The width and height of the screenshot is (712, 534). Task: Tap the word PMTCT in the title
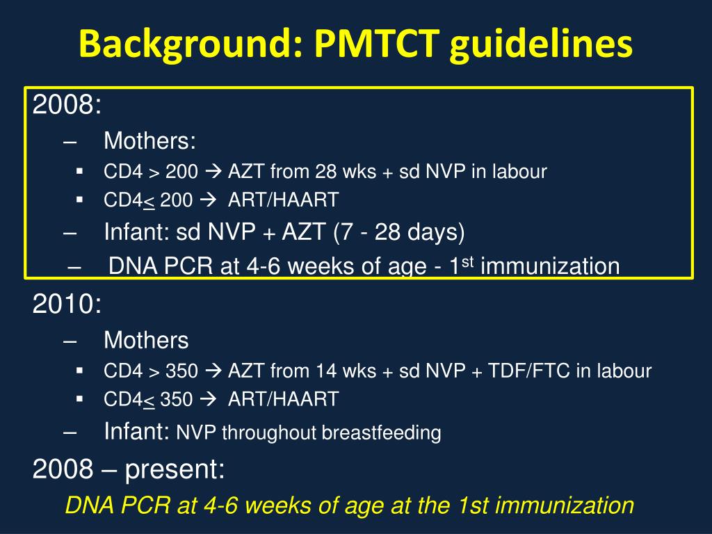(x=376, y=45)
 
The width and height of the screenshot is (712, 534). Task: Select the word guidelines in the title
(x=542, y=45)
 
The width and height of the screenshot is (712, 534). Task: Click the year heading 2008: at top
(x=67, y=106)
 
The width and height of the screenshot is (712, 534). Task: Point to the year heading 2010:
(x=67, y=304)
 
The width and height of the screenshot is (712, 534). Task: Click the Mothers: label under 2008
(x=149, y=141)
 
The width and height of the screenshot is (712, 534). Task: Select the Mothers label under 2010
(x=146, y=340)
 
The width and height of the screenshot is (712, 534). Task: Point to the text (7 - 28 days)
(x=398, y=232)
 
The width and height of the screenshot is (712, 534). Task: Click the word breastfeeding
(x=381, y=433)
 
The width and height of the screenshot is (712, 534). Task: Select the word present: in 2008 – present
(x=175, y=470)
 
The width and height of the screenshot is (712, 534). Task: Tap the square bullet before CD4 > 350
(x=79, y=370)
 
